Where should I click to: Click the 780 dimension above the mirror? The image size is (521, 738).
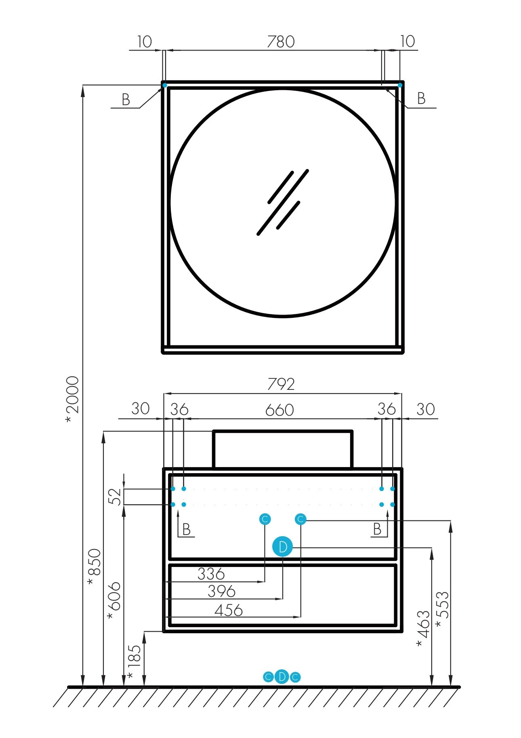pos(281,42)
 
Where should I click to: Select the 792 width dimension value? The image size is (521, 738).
pos(281,384)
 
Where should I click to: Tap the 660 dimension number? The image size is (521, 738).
pos(279,410)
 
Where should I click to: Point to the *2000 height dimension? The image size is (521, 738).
pos(73,400)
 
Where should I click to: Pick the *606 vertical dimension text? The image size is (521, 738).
pos(114,601)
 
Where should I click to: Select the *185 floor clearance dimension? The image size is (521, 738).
pos(134,662)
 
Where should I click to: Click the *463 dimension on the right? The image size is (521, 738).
pos(423,628)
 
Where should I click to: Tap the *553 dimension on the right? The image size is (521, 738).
pos(443,609)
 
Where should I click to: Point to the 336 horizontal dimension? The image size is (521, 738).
pos(211,573)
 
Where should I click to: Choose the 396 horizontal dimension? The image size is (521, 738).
pos(221,591)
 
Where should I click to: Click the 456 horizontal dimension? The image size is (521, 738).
pos(229,610)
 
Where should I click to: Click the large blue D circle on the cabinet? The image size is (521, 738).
pos(283,547)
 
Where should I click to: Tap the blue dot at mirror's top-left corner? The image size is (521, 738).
pos(164,85)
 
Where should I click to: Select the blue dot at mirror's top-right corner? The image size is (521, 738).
pos(400,85)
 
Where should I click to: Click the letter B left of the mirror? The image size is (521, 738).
pos(126,99)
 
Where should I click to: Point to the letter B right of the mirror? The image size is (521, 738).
pos(421,98)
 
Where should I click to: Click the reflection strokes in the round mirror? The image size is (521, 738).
pos(283,202)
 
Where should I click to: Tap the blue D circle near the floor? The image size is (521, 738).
pos(282,677)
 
